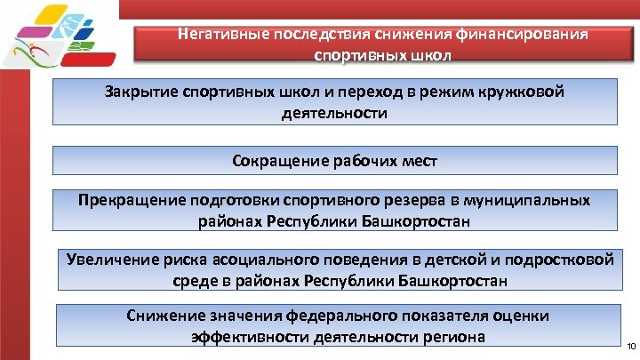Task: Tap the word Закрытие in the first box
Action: pos(137,92)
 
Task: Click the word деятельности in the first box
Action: pos(334,114)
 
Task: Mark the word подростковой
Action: pos(563,260)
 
